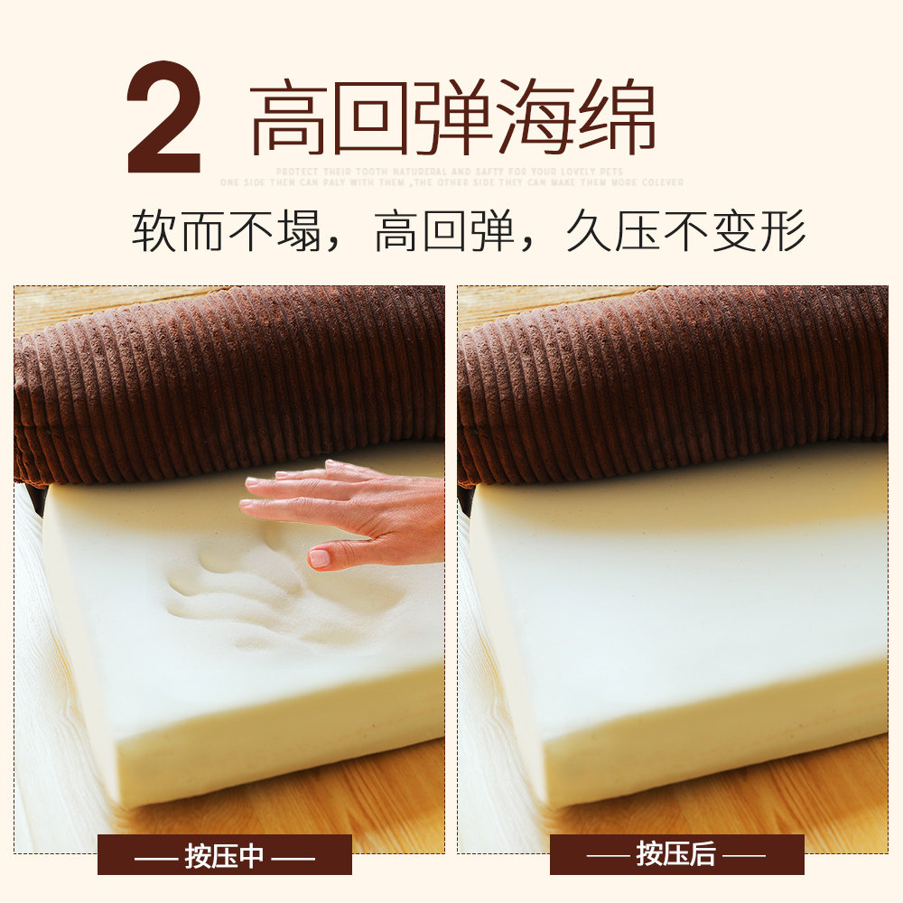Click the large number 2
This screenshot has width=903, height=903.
163,117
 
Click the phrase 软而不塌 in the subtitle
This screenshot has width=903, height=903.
227,232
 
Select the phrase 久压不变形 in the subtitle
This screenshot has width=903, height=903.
685,232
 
